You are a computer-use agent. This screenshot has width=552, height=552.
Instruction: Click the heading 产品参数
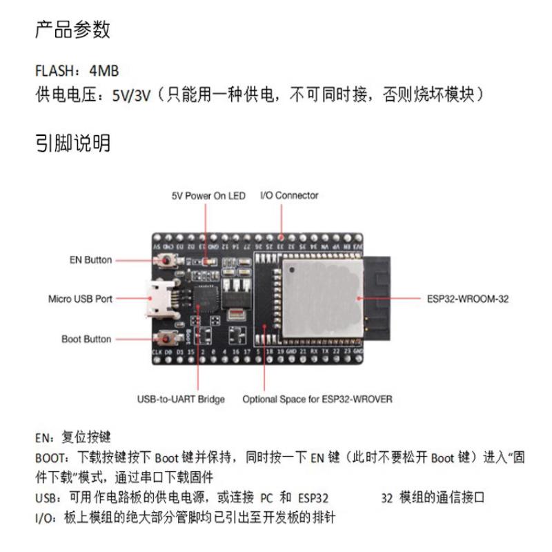click(73, 30)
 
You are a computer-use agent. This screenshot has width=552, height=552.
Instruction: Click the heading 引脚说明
click(73, 144)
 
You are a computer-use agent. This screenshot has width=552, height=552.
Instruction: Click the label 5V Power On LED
click(208, 196)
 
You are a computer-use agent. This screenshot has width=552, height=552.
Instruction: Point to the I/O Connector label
click(289, 196)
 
